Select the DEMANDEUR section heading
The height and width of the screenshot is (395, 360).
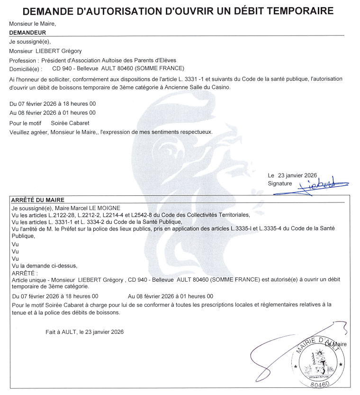pyautogui.click(x=27, y=33)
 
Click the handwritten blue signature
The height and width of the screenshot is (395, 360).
pyautogui.click(x=322, y=183)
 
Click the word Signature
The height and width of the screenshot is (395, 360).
pyautogui.click(x=280, y=183)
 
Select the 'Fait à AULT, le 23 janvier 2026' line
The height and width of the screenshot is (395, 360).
pyautogui.click(x=85, y=332)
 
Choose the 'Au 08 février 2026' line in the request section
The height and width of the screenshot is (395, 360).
pyautogui.click(x=53, y=113)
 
